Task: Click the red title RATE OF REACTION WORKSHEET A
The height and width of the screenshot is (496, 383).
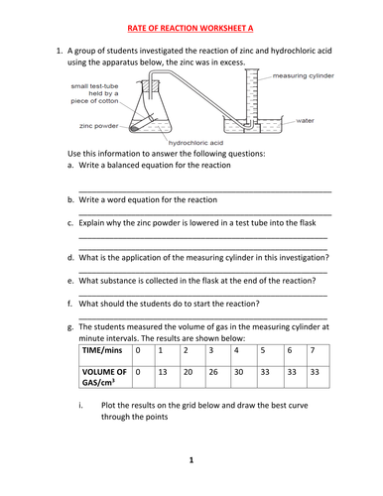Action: (191, 28)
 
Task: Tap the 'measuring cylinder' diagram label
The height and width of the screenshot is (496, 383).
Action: (304, 76)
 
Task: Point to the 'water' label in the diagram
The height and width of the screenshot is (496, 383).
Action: (305, 121)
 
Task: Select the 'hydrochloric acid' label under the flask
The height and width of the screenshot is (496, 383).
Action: (195, 143)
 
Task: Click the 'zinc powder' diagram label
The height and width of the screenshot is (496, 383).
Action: (98, 126)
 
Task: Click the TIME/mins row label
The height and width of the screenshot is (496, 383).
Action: (102, 350)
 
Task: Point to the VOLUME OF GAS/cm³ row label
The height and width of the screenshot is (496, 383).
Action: (104, 377)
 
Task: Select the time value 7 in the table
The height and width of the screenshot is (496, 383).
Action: (313, 350)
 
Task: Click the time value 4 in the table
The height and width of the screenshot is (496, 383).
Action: (236, 350)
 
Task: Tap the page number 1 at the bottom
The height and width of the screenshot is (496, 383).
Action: (191, 460)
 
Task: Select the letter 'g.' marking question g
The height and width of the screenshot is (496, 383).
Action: (70, 327)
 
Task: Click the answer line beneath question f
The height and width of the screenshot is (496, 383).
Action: (203, 318)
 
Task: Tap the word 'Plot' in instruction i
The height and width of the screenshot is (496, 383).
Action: (108, 406)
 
